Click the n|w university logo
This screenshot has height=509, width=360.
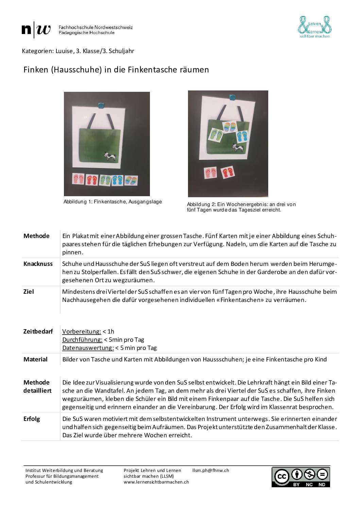click(x=36, y=30)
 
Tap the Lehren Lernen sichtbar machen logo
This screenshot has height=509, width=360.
click(x=314, y=27)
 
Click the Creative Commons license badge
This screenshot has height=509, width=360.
click(x=301, y=477)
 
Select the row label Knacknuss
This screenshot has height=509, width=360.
click(x=38, y=264)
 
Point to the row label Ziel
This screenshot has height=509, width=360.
click(x=29, y=292)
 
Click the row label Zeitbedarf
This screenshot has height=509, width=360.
click(x=38, y=332)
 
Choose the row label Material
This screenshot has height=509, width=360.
click(x=35, y=359)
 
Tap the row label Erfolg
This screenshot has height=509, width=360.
click(x=32, y=419)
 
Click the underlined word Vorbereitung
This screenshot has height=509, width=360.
click(x=82, y=332)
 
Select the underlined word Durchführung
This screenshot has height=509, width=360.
click(x=82, y=340)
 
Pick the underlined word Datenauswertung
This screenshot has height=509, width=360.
click(x=88, y=348)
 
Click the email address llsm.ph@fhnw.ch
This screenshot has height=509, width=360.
click(x=210, y=471)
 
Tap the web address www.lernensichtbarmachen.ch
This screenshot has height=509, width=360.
click(x=156, y=482)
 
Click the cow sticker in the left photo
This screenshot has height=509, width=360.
click(x=110, y=156)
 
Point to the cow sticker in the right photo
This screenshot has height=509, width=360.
click(x=238, y=148)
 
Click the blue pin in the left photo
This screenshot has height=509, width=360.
click(x=101, y=106)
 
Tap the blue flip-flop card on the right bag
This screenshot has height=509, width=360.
click(x=242, y=136)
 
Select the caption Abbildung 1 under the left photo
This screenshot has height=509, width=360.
click(x=113, y=202)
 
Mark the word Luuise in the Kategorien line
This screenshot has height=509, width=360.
click(x=64, y=51)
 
